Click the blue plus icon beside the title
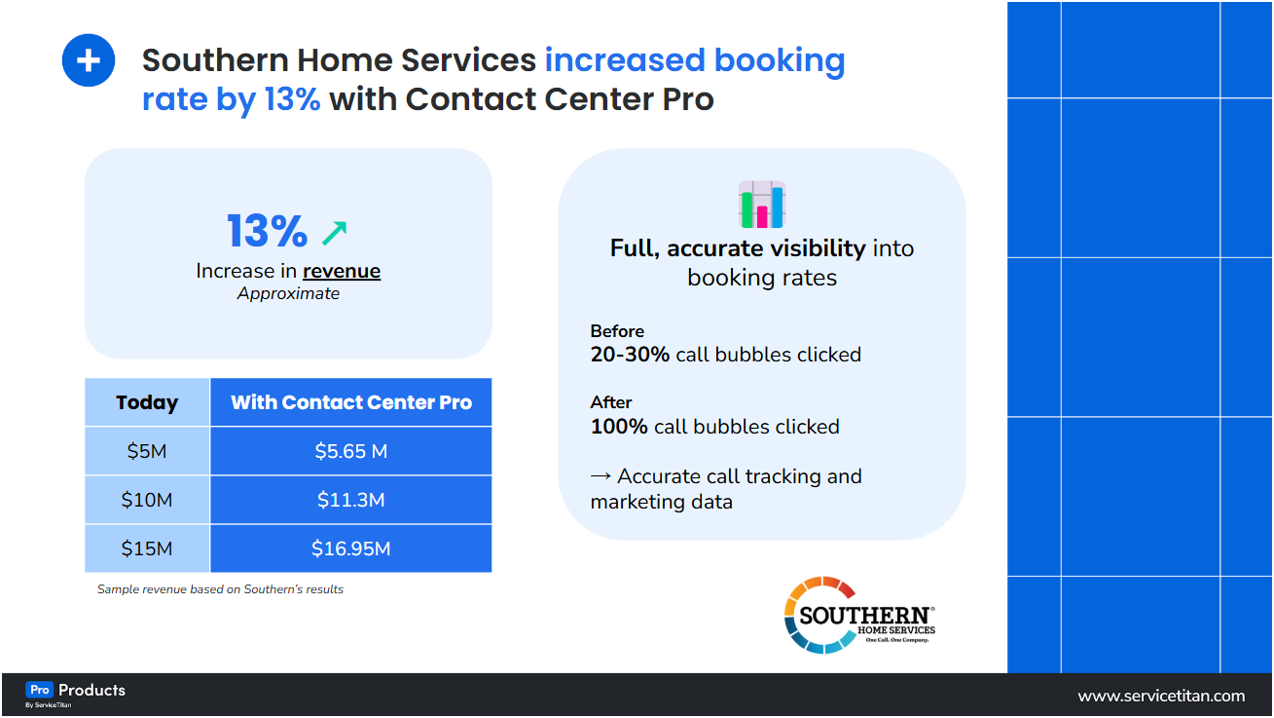click(89, 60)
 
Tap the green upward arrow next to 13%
click(334, 232)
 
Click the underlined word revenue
click(342, 271)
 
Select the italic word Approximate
click(288, 293)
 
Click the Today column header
click(147, 402)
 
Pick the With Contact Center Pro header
click(351, 402)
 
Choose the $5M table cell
click(147, 451)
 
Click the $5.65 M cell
click(351, 451)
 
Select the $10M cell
click(147, 500)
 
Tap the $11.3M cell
click(351, 500)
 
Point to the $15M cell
click(147, 548)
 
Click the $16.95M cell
click(351, 548)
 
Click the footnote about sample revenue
click(220, 589)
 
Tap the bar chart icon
click(762, 205)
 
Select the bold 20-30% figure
click(630, 355)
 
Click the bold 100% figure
click(619, 427)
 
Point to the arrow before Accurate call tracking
click(601, 476)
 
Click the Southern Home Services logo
click(859, 615)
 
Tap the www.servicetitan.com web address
click(1161, 696)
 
